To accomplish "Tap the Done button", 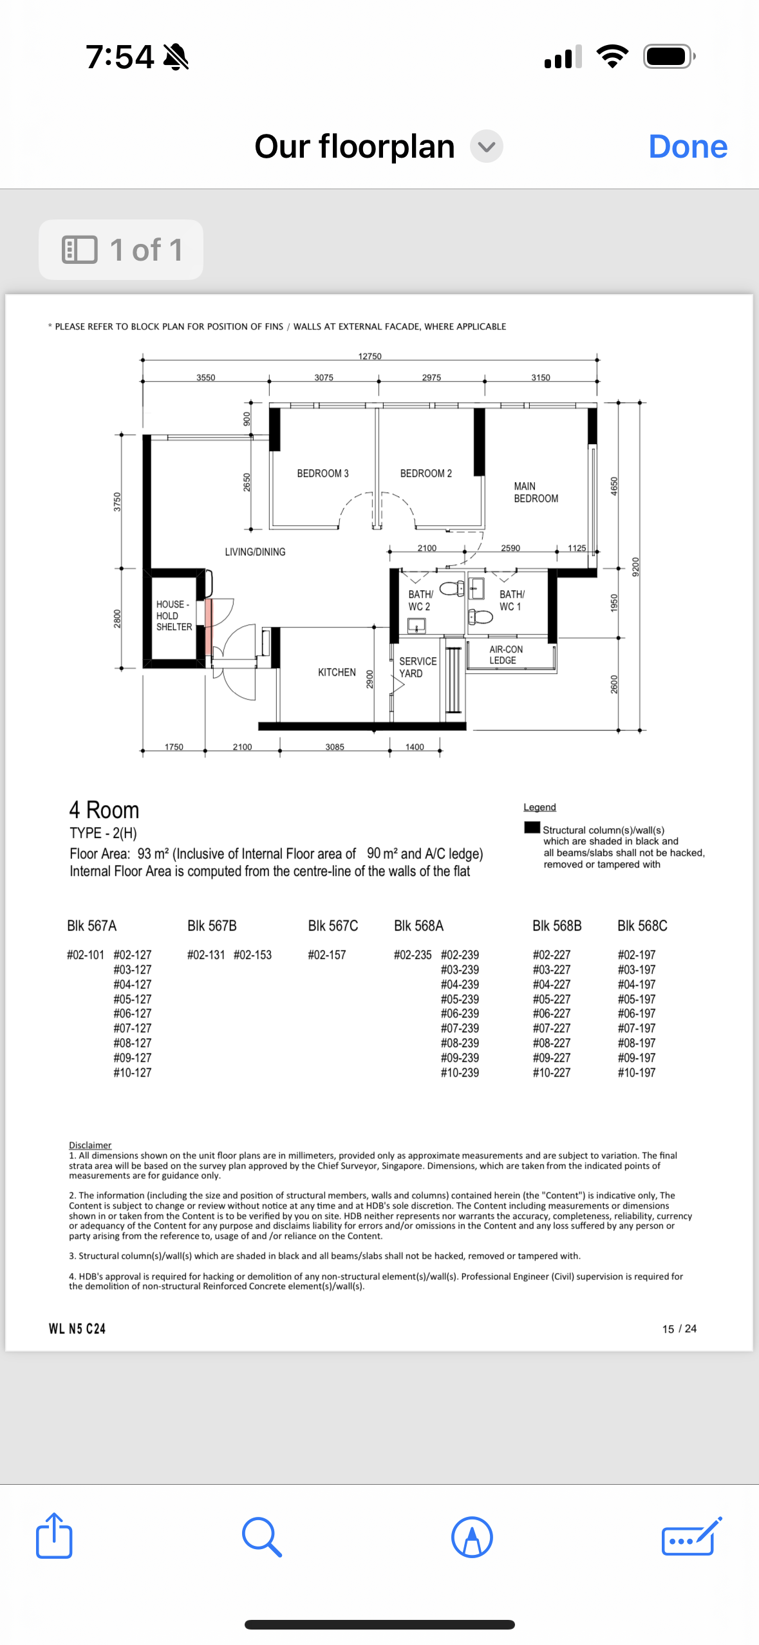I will [688, 147].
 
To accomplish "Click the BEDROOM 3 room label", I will [323, 474].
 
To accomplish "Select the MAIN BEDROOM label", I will [536, 492].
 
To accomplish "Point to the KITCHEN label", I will [337, 673].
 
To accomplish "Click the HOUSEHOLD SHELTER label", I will [174, 616].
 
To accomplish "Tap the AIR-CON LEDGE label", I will [505, 655].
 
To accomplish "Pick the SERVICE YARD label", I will [417, 667].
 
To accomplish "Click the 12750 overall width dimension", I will [370, 356].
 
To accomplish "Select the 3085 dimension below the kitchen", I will [335, 747].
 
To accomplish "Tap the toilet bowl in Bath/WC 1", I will [480, 617].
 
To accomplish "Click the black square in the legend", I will [532, 828].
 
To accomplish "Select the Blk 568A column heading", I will [418, 926].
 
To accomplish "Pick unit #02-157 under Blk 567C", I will [327, 955].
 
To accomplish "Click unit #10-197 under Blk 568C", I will [637, 1073].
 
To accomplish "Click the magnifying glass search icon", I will [261, 1537].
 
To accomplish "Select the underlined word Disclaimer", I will [90, 1145].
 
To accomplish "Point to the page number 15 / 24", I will [679, 1329].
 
